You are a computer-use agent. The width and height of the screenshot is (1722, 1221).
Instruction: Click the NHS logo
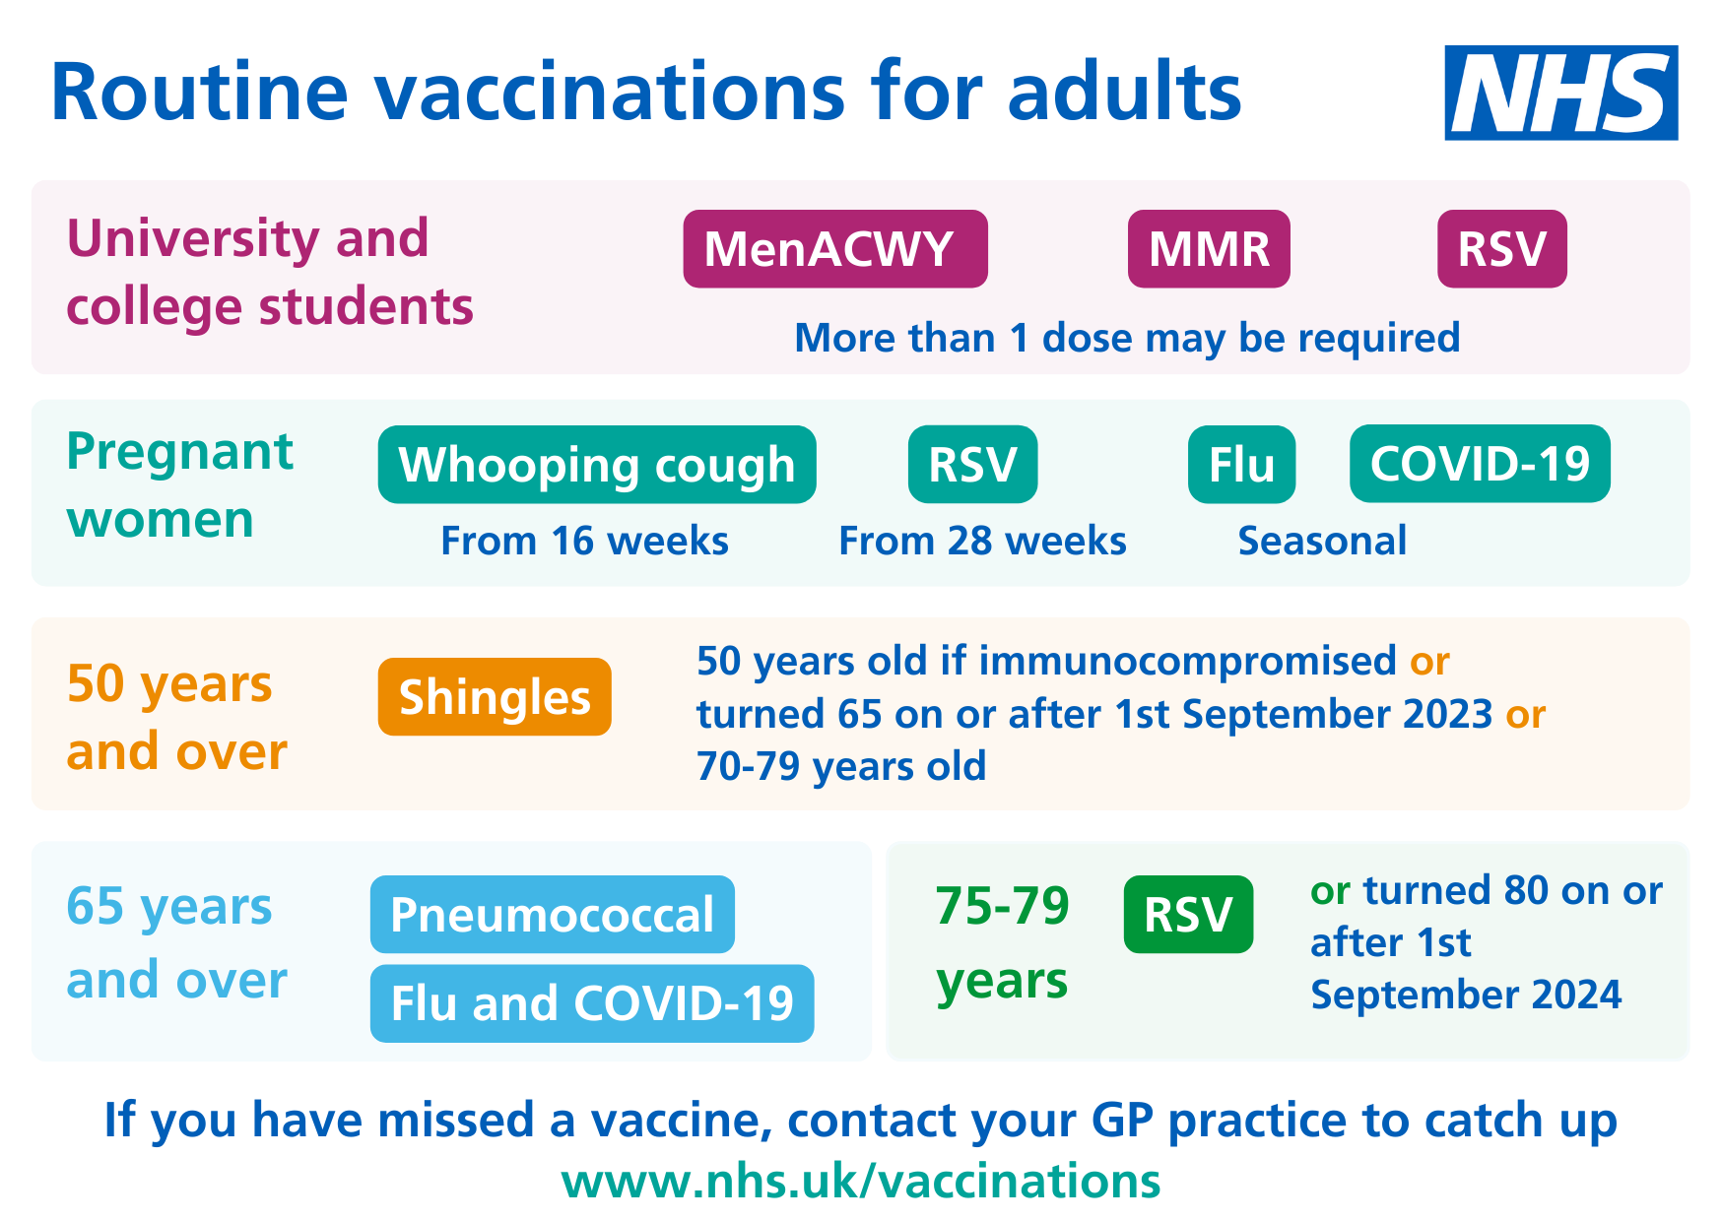pos(1560,93)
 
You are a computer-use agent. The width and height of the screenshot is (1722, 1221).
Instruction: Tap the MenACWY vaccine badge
pos(835,248)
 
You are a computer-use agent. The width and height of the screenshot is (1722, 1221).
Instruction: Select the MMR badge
pos(1209,248)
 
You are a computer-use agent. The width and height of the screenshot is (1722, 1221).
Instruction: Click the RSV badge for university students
pos(1501,248)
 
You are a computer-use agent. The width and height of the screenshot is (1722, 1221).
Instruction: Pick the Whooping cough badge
pos(597,464)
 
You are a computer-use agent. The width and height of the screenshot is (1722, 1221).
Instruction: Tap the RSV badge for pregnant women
pos(972,464)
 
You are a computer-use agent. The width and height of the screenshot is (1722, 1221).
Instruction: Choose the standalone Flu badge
pos(1241,464)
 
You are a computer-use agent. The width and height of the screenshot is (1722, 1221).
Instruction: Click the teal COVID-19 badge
pos(1480,464)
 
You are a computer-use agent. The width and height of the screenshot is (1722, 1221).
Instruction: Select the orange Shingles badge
pos(495,696)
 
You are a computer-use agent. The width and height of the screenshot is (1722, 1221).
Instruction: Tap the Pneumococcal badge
pos(553,914)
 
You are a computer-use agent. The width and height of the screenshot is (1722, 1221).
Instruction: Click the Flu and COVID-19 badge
pos(592,1003)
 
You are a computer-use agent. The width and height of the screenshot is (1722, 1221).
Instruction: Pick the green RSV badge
pos(1188,914)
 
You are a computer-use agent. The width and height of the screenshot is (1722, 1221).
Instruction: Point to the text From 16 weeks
pos(584,541)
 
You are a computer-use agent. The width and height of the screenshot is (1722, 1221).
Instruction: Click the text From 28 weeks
pos(982,541)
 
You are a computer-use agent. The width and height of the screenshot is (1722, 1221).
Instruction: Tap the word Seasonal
pos(1322,541)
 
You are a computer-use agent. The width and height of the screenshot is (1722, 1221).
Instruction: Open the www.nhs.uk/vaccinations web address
pos(861,1180)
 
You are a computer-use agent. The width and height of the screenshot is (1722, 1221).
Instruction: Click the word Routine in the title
pos(199,92)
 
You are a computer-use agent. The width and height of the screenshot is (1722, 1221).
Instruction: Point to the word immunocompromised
pos(1187,662)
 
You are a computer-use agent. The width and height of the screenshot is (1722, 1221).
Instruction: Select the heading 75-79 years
pos(1002,942)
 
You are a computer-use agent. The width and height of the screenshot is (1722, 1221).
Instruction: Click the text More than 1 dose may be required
pos(1127,338)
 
